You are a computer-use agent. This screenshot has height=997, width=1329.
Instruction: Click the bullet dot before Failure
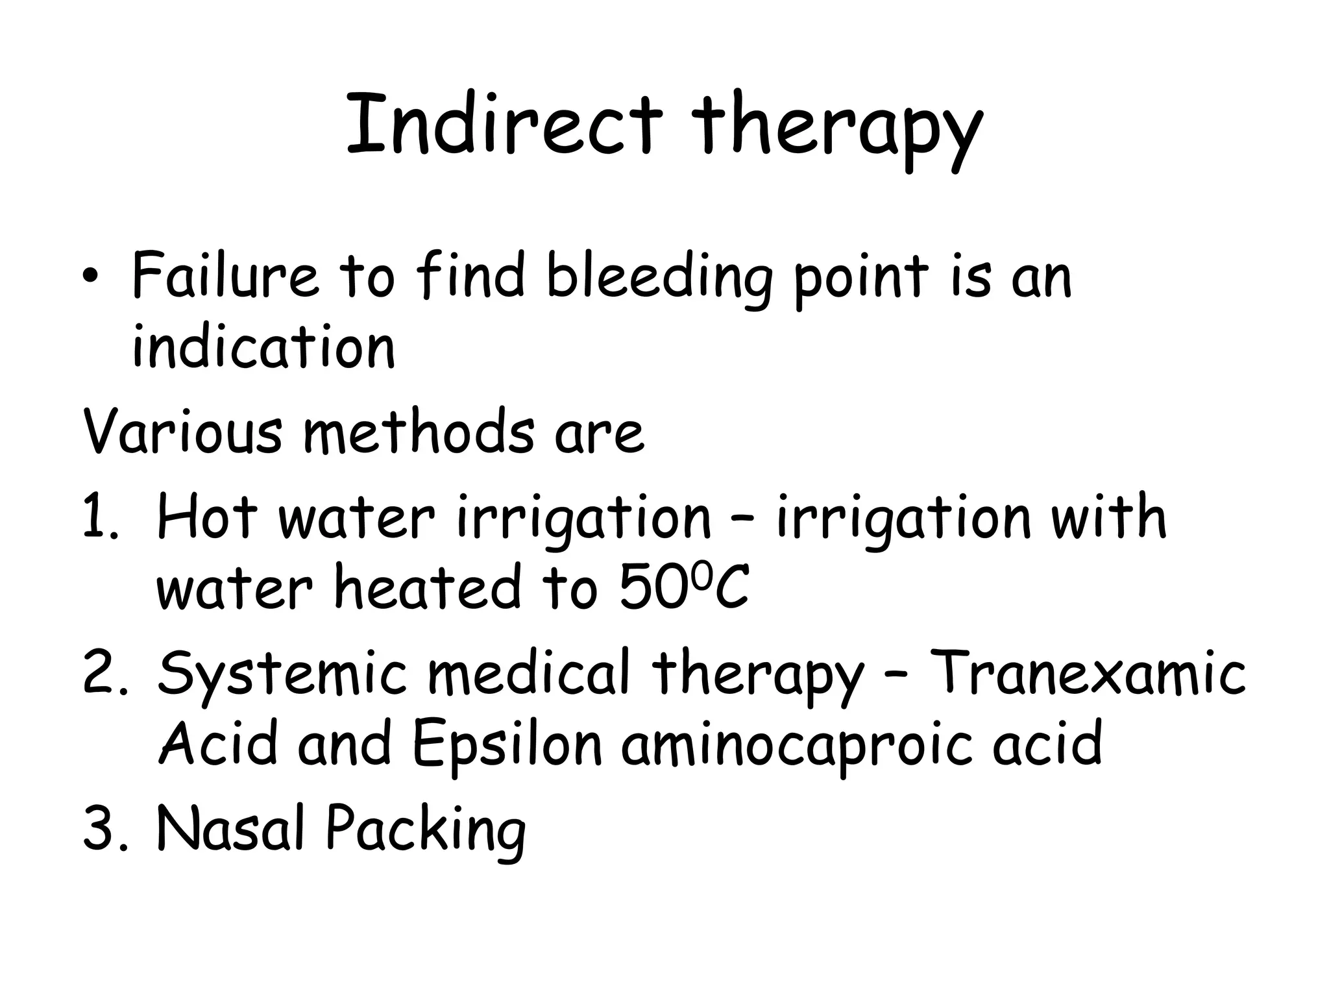(94, 277)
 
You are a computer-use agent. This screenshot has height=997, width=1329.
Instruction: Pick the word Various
(182, 431)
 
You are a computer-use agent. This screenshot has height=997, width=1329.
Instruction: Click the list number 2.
(101, 672)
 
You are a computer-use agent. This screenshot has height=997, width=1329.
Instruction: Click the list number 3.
(101, 828)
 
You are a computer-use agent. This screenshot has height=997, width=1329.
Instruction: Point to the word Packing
(425, 831)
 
